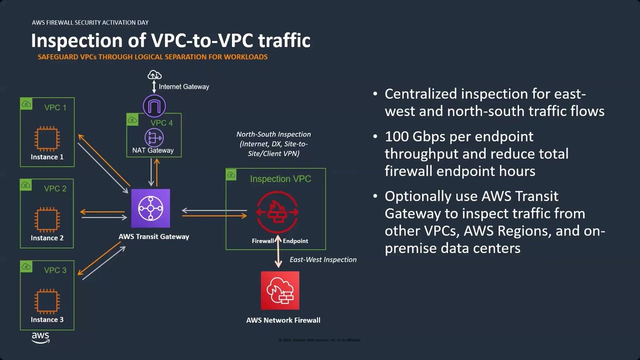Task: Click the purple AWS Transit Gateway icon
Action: click(x=150, y=208)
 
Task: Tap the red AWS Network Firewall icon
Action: click(x=280, y=290)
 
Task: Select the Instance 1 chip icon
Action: click(x=47, y=138)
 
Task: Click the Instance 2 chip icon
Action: click(x=47, y=220)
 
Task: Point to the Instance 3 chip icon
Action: click(x=47, y=301)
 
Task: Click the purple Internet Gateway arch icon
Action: click(x=154, y=106)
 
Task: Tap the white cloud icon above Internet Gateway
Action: click(x=154, y=75)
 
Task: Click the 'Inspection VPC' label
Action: click(x=280, y=179)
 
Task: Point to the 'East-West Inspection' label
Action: click(x=323, y=259)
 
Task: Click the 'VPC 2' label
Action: click(x=55, y=188)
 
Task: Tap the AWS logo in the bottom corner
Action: click(x=40, y=337)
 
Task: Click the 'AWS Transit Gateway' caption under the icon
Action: click(x=153, y=236)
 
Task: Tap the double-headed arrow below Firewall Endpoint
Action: click(x=278, y=256)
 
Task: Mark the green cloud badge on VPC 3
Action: click(x=26, y=266)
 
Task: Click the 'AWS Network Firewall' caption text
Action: click(x=283, y=320)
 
